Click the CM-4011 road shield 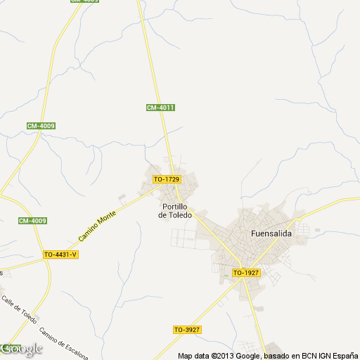coord(160,107)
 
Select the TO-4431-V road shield coord(60,255)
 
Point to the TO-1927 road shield coord(246,272)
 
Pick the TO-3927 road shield coord(187,329)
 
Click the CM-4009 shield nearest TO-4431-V coord(32,221)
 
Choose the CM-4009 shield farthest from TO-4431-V coord(41,126)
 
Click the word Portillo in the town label coord(174,207)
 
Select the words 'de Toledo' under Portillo coord(174,215)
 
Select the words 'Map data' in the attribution coord(193,355)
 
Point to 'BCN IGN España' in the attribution coord(327,355)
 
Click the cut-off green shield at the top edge coord(84,1)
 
